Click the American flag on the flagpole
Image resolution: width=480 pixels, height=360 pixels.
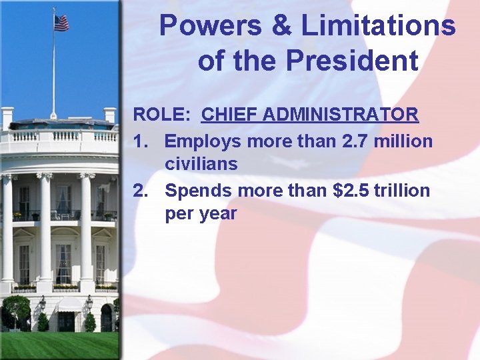(61, 23)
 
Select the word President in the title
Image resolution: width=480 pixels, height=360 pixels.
(352, 61)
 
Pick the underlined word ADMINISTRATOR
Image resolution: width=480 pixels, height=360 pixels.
(341, 115)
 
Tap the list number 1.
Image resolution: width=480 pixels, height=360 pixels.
(140, 141)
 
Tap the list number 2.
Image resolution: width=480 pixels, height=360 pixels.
(140, 191)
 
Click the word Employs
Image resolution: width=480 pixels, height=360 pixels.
(203, 142)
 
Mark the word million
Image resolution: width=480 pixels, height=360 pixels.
(405, 141)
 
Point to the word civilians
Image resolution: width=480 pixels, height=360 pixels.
(201, 164)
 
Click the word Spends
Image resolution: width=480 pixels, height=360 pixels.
(198, 191)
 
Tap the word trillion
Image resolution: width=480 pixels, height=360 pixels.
(403, 191)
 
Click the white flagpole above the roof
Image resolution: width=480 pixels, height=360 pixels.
(53, 73)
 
